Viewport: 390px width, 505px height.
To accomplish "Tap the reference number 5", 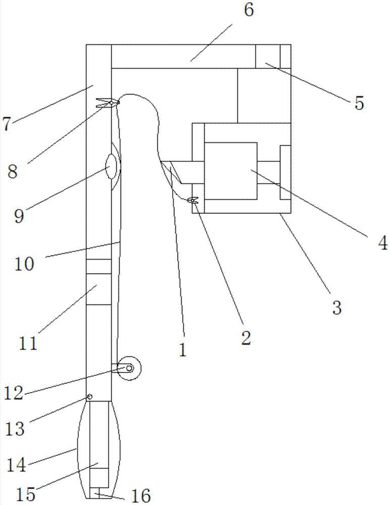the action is [x=359, y=103].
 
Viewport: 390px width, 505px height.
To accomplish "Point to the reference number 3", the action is [x=337, y=308].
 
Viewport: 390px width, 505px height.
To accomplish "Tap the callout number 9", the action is [x=19, y=216].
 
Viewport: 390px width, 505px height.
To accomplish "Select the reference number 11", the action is [x=28, y=343].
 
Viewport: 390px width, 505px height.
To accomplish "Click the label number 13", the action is [x=15, y=429].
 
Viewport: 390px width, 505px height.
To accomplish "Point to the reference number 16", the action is [x=141, y=495].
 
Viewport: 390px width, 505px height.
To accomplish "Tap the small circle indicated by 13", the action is [x=89, y=396].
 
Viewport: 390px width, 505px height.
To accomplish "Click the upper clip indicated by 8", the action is [x=108, y=103].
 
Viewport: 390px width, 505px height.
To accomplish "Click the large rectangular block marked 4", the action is [x=231, y=171].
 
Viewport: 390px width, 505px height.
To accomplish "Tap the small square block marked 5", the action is [x=268, y=57].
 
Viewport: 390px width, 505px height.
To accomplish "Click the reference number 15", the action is [x=26, y=494].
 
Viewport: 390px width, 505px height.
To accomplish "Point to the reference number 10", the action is [x=24, y=264].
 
